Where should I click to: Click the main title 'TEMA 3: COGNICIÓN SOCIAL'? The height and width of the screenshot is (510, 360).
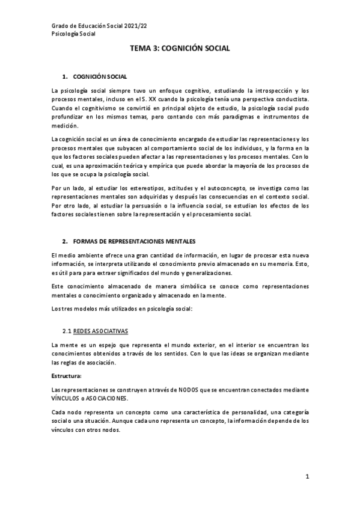pos(179,52)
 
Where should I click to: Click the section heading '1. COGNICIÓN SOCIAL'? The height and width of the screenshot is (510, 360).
pos(94,78)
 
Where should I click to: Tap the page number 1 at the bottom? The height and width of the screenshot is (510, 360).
pos(307,477)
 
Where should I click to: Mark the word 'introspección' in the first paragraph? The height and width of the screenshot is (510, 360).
pos(262,90)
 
